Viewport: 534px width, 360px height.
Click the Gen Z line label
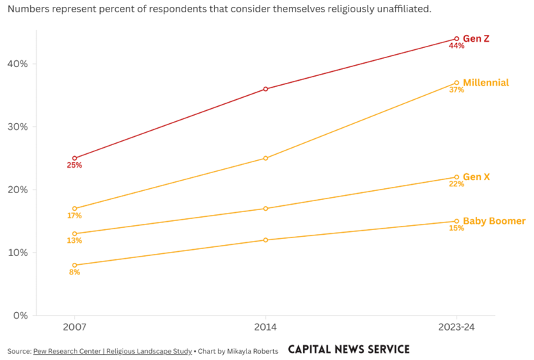point(476,39)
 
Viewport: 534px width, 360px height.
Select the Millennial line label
point(485,83)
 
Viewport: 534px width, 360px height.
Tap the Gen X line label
point(476,177)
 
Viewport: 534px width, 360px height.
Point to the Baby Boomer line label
point(494,221)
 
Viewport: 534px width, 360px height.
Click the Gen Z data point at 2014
point(266,89)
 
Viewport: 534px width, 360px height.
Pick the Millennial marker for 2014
point(266,158)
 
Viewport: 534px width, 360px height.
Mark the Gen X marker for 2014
point(266,209)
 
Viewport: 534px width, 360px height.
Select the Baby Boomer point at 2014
point(266,240)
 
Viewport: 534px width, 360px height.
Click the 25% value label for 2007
point(75,166)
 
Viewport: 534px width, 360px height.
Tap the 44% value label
point(456,47)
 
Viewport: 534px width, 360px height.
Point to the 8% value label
point(75,272)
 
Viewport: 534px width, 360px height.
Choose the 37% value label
point(456,90)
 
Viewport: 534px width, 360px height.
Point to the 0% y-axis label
point(20,316)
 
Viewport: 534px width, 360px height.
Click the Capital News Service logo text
point(348,350)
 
